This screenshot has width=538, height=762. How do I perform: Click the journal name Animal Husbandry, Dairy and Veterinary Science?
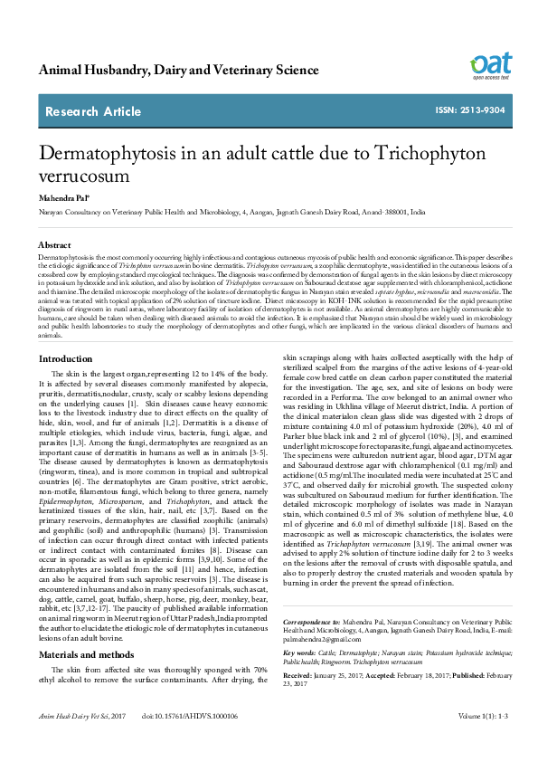coord(172,70)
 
